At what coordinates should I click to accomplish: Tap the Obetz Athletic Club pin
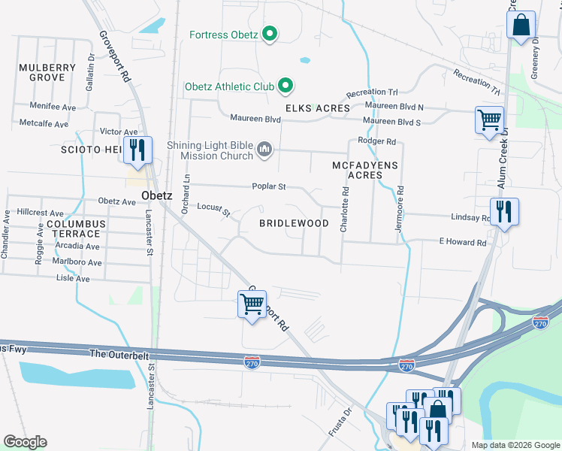click(285, 86)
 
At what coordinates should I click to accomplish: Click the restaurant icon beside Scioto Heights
click(136, 150)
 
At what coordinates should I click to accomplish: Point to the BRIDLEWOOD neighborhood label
click(294, 224)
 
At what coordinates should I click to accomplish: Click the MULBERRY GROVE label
click(47, 73)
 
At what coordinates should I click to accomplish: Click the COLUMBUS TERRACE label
click(73, 230)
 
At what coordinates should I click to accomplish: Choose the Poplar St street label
click(268, 186)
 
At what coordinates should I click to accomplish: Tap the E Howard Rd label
click(463, 243)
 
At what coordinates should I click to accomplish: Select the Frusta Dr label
click(340, 422)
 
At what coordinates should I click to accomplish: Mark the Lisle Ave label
click(73, 278)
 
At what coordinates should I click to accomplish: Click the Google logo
click(25, 442)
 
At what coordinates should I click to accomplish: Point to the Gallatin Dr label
click(90, 68)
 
